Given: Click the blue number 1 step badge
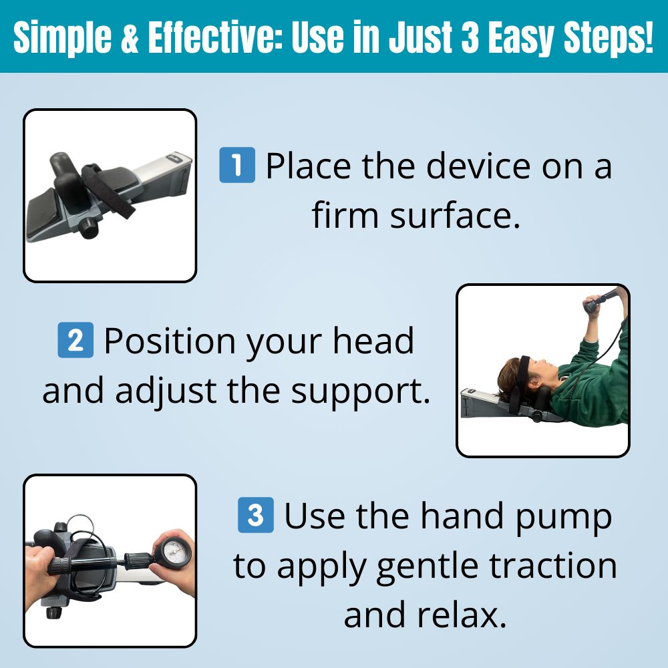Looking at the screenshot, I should pos(237,166).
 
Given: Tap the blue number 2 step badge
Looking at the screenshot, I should pos(75,341).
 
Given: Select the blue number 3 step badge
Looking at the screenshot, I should pos(256,516).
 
